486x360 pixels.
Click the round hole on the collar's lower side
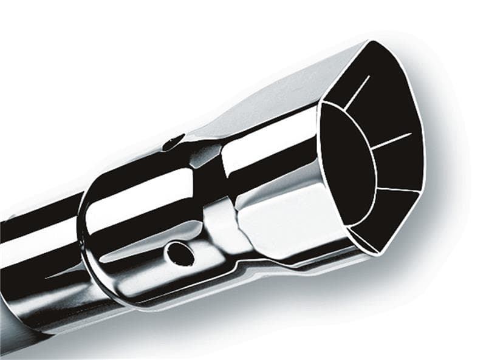coord(180,253)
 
